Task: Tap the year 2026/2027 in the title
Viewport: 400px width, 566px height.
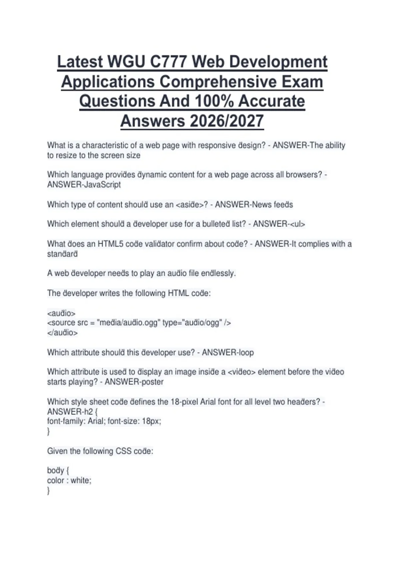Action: (226, 121)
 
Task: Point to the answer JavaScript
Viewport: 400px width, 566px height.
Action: (102, 185)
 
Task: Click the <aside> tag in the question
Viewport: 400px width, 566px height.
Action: (189, 205)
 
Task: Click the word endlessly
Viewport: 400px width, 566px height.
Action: (219, 273)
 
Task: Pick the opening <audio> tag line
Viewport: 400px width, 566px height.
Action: (61, 313)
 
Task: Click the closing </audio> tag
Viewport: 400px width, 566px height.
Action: (62, 333)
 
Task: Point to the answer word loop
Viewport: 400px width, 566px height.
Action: (245, 353)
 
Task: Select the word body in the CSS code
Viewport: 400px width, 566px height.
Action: (55, 471)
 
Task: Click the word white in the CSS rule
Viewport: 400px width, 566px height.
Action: (80, 480)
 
